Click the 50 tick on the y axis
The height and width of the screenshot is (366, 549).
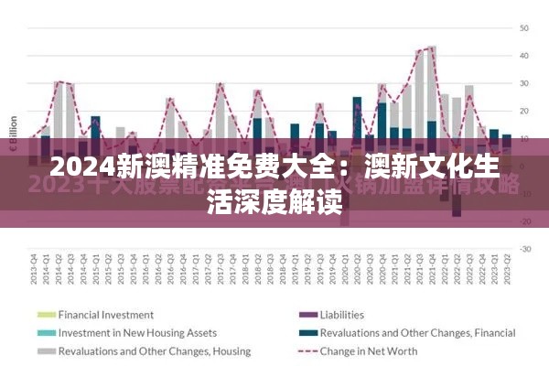[x=524, y=28]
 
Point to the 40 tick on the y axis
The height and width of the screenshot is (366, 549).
[x=524, y=56]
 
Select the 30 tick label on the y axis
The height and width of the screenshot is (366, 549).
[x=524, y=83]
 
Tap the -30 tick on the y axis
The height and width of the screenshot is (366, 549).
[x=524, y=249]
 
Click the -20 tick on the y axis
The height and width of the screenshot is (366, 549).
[x=524, y=221]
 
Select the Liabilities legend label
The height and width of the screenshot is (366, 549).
[x=341, y=315]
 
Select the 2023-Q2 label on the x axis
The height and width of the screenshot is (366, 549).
[x=507, y=272]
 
